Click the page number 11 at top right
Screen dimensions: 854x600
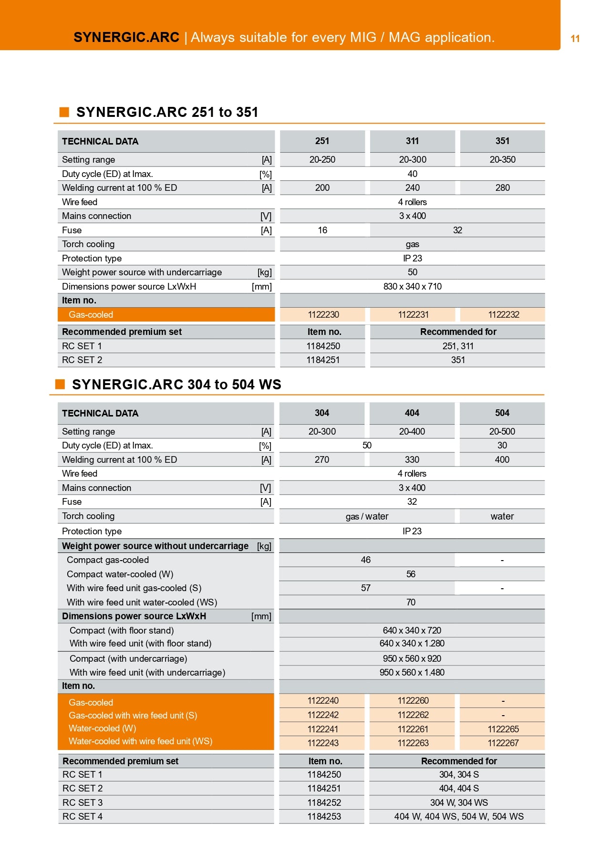575,39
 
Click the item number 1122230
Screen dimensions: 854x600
323,314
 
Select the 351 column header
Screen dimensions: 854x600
502,141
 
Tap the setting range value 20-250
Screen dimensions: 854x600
322,159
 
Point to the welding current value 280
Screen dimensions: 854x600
502,187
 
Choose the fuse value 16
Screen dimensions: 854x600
322,230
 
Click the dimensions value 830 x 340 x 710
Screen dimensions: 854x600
412,286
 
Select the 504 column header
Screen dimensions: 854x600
502,413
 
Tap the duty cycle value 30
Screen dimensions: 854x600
502,445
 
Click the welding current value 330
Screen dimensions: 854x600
412,459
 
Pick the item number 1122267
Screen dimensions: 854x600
503,743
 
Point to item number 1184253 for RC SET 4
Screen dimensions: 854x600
324,816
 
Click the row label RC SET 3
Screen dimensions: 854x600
83,802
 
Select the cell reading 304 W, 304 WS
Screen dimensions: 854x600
459,802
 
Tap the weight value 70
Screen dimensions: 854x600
411,602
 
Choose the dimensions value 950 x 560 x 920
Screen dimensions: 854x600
412,658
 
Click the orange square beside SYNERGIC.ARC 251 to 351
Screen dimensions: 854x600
64,112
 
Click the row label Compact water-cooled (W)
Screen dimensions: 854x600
120,574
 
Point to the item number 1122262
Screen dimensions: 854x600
413,715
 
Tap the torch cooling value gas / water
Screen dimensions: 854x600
367,516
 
